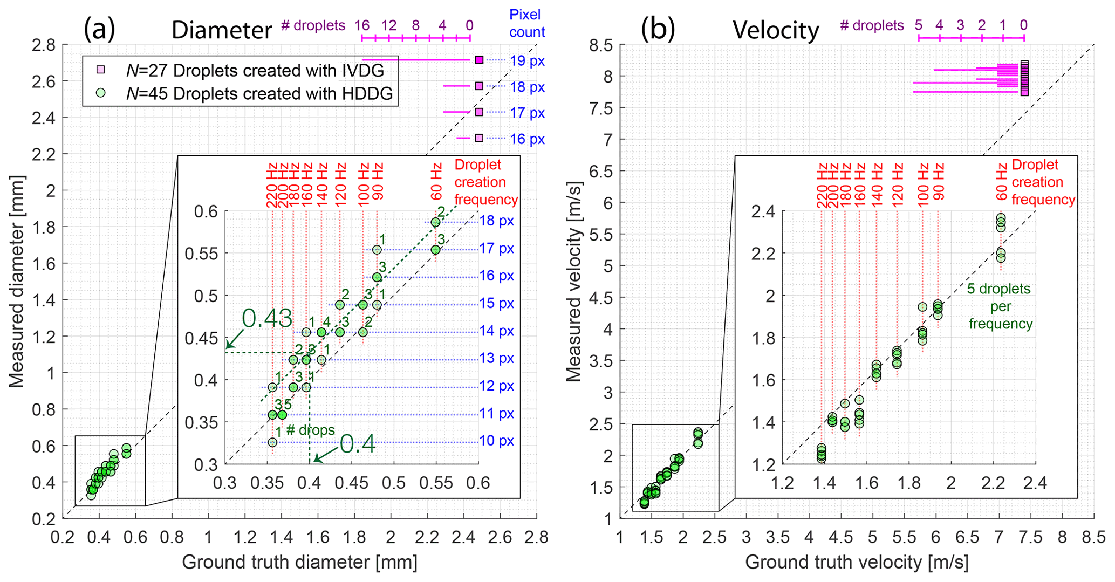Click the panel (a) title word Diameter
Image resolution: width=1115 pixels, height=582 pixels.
(221, 30)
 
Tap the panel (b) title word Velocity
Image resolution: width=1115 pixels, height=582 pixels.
(776, 30)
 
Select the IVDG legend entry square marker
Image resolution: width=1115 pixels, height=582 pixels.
(100, 70)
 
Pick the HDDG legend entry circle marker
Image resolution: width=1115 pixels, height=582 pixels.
(100, 93)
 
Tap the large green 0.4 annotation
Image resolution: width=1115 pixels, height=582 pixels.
(357, 444)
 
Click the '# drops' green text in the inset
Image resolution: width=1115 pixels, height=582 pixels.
(310, 430)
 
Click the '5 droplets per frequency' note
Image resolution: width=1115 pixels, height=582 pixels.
(999, 306)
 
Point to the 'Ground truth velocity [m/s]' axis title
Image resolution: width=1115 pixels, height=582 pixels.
(857, 563)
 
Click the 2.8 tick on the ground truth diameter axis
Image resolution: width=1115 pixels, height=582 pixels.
(536, 537)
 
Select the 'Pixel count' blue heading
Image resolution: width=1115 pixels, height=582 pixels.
(526, 24)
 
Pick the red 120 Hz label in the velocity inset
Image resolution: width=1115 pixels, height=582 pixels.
(898, 183)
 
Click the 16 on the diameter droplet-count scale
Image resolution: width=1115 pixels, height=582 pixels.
(361, 25)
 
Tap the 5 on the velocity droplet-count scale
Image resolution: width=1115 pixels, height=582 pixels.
(918, 25)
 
